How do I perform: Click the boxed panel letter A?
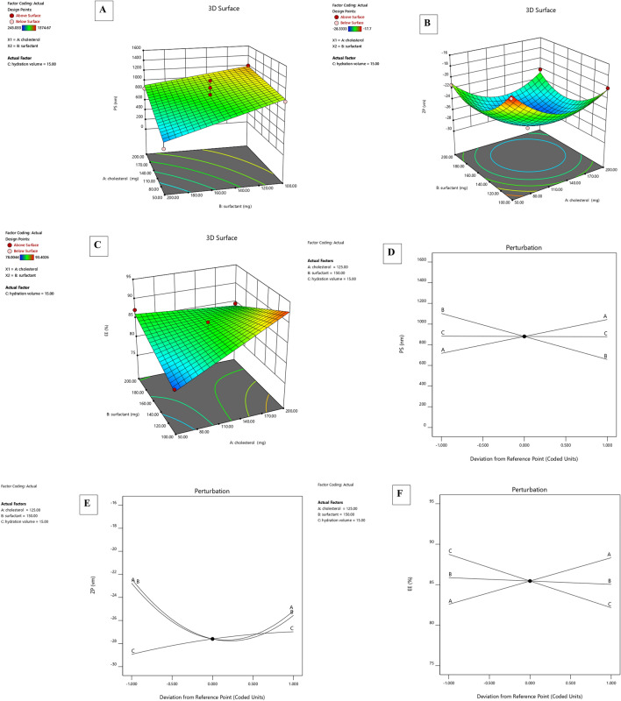103,11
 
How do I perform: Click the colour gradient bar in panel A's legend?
33,27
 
